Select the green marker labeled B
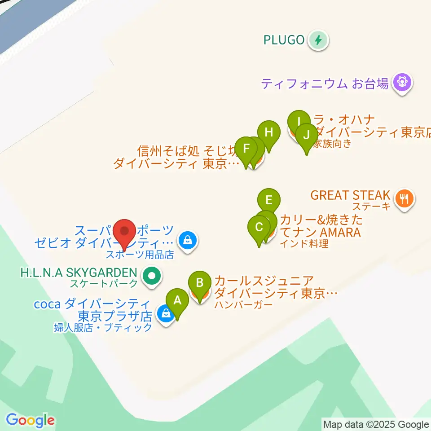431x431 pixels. pyautogui.click(x=200, y=283)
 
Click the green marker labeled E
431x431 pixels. pyautogui.click(x=268, y=200)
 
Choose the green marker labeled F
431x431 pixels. pyautogui.click(x=246, y=148)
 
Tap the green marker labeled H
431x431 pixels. pyautogui.click(x=268, y=133)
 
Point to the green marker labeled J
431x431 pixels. pyautogui.click(x=307, y=135)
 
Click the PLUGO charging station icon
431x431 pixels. pyautogui.click(x=318, y=40)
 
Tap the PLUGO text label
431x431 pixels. pyautogui.click(x=284, y=40)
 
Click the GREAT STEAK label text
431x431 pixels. pyautogui.click(x=350, y=195)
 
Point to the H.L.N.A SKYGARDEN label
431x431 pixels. pyautogui.click(x=78, y=273)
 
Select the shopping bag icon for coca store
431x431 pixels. pyautogui.click(x=166, y=314)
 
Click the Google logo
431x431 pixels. pyautogui.click(x=30, y=420)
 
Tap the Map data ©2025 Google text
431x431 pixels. pyautogui.click(x=376, y=424)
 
